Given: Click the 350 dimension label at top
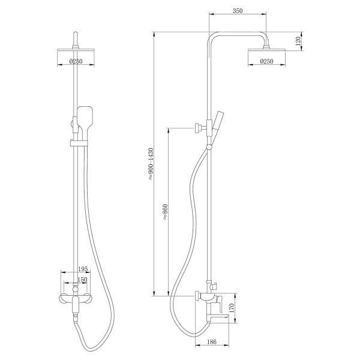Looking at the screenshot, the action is (238, 11).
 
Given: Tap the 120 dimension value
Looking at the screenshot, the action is (298, 41).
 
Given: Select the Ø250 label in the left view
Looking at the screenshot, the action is (76, 61).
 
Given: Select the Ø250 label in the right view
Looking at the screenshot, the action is (267, 61).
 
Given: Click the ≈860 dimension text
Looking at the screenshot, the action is (166, 212).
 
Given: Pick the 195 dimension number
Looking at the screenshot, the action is (83, 269).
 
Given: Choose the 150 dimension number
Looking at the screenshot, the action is (82, 280).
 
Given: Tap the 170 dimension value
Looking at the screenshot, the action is (232, 308).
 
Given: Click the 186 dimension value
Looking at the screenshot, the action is (212, 342).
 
